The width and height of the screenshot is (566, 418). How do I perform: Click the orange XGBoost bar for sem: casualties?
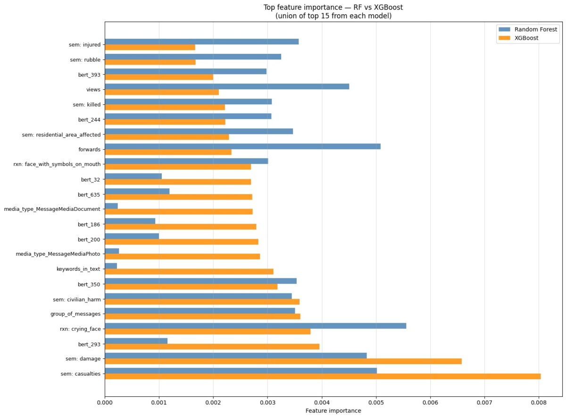coord(323,376)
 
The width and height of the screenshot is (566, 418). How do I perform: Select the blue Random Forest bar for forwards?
coord(242,146)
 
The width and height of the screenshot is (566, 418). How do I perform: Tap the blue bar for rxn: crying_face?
coord(255,326)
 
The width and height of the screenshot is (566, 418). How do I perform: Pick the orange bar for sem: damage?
coord(283,361)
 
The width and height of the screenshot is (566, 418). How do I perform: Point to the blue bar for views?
coord(227,86)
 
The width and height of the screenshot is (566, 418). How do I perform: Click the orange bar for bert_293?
coord(212,346)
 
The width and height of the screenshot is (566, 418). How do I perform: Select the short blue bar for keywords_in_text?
coord(111,266)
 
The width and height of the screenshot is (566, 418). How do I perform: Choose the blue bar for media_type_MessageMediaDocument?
coord(111,206)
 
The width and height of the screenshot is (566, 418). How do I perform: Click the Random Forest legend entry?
coord(528,29)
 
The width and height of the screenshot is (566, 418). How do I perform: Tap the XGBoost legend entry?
coord(518,38)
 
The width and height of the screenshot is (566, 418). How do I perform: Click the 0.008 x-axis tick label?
coord(539,403)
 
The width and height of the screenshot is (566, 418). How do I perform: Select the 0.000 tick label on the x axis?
coord(105,403)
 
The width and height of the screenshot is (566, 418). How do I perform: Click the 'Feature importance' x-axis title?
coord(333,410)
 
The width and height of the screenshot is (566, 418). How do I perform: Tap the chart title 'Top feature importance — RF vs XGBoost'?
coord(333,7)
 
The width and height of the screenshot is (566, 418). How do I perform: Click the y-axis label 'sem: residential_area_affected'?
coord(61,134)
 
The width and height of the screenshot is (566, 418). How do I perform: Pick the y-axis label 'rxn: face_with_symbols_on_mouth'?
coord(57,164)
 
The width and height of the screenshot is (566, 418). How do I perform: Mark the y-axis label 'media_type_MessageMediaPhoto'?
coord(58,254)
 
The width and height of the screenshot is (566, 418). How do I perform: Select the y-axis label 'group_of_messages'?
coord(75,314)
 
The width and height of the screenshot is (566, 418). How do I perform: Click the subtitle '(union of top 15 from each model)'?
coord(333,16)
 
